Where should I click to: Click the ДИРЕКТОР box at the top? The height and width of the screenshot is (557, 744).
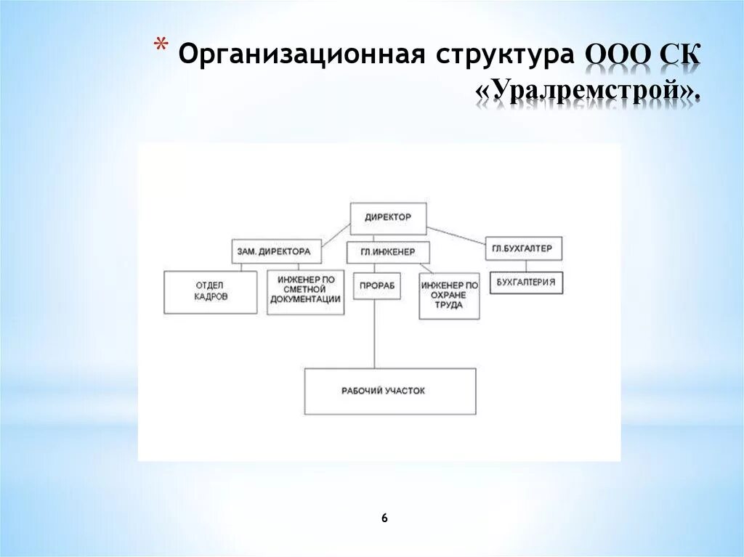(x=388, y=217)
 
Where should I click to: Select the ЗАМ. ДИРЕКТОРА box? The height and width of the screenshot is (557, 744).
(x=273, y=251)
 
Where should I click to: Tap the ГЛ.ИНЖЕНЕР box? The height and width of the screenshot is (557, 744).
(x=388, y=252)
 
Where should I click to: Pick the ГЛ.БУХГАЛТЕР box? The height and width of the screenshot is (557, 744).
(x=522, y=248)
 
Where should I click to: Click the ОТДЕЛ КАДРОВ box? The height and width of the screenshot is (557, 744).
(x=211, y=292)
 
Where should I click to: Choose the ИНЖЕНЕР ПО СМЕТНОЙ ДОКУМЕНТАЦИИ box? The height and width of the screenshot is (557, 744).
(x=305, y=293)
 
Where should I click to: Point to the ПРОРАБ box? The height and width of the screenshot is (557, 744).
(x=376, y=285)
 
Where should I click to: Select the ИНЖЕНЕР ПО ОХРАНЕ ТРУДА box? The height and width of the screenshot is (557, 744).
(x=449, y=296)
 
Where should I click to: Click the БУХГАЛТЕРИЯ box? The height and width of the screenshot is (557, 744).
(x=527, y=282)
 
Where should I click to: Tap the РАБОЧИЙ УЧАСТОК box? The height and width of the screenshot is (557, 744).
(x=390, y=391)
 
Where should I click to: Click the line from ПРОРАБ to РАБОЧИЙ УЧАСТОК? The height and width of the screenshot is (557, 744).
(x=375, y=334)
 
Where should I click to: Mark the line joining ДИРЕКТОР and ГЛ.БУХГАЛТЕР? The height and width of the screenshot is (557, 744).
(x=456, y=234)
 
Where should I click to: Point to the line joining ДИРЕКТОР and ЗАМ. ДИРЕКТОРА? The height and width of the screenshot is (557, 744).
(x=331, y=234)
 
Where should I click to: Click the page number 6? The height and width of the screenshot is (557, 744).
(x=384, y=518)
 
